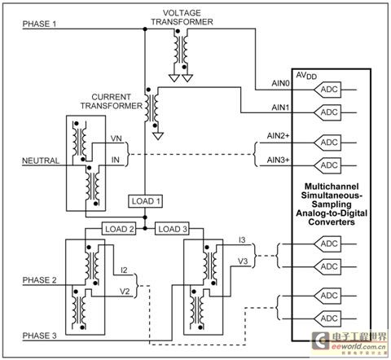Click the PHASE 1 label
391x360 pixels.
[x=39, y=24]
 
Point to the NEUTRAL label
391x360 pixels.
[x=41, y=160]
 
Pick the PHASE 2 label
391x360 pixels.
[x=39, y=280]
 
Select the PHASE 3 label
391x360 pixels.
[x=39, y=336]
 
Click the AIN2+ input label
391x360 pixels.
[x=278, y=135]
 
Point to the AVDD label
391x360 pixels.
[x=306, y=76]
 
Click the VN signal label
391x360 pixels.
[x=116, y=138]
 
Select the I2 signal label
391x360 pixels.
[x=124, y=270]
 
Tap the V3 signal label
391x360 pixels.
[x=243, y=261]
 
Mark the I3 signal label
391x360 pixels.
[x=242, y=239]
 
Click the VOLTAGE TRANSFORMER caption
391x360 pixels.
[x=182, y=17]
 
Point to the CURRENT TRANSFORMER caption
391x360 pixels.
[x=112, y=101]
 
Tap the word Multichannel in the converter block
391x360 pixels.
[x=332, y=187]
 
